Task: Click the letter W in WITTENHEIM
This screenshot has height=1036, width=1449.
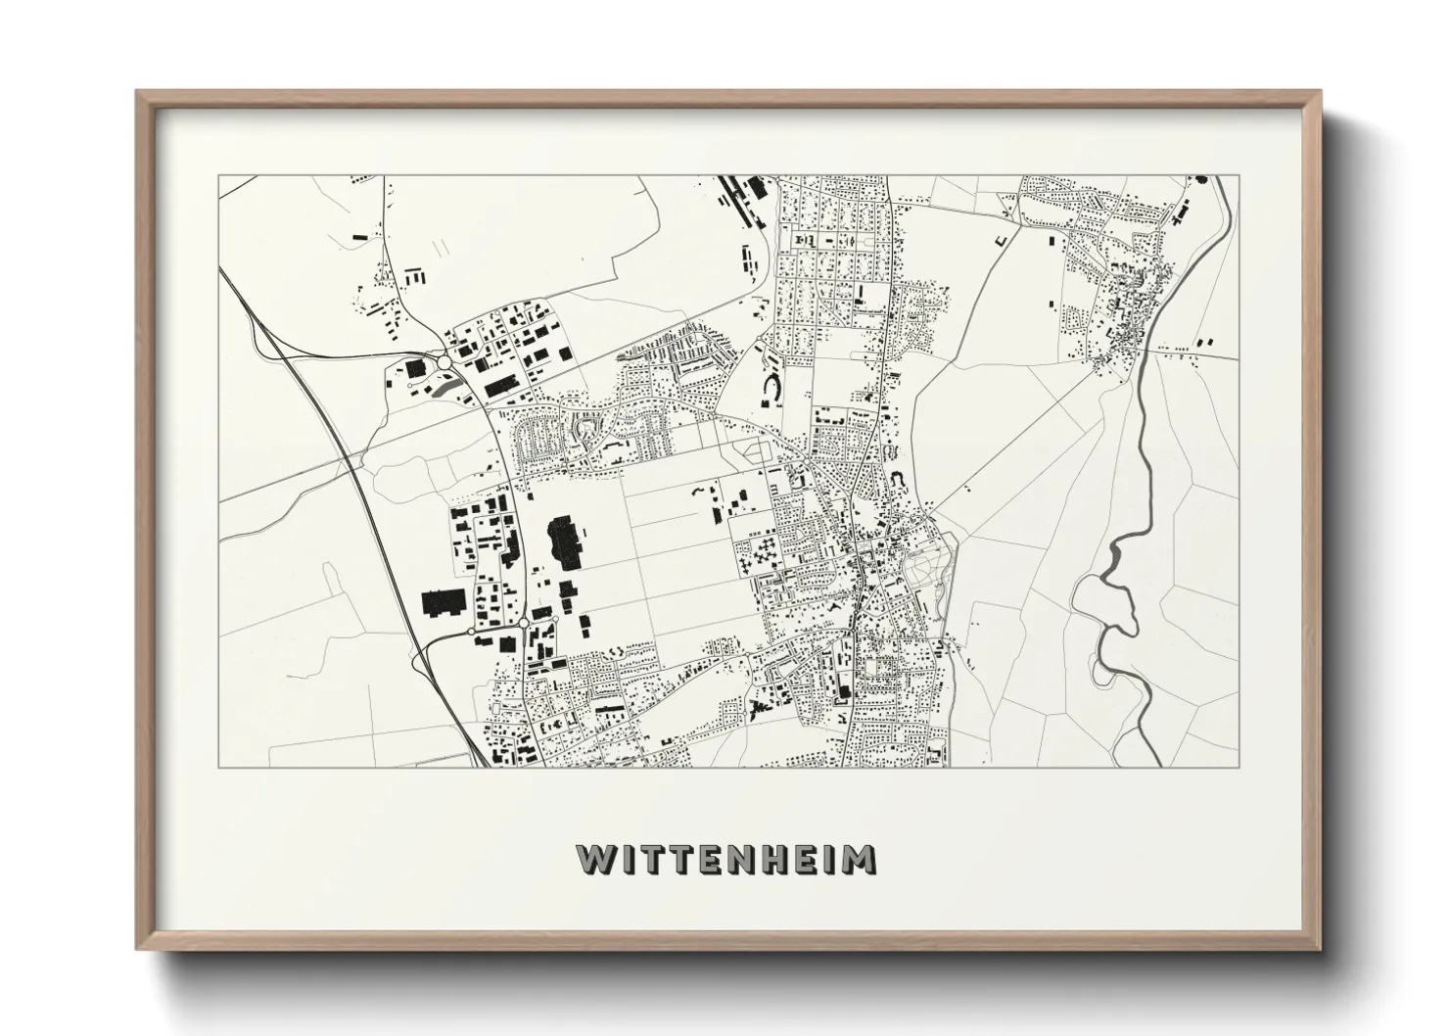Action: click(594, 860)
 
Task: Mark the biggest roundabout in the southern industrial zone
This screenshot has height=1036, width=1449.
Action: click(524, 623)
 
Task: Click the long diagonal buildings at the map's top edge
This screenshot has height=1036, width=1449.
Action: click(740, 191)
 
